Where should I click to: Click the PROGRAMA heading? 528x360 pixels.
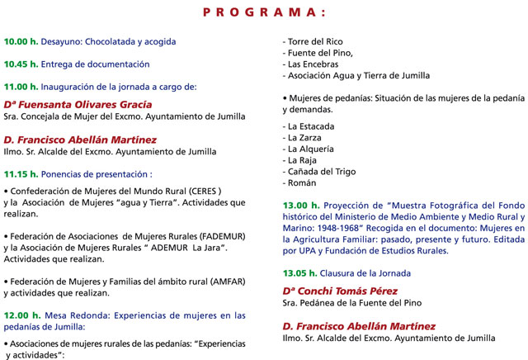(264, 12)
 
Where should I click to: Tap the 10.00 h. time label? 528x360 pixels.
(21, 41)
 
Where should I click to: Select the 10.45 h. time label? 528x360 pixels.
(21, 64)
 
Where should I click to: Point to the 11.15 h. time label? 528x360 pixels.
(21, 174)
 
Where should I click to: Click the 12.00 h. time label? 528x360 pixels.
(21, 315)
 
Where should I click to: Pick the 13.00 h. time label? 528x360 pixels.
(300, 205)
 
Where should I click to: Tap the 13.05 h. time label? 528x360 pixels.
(300, 272)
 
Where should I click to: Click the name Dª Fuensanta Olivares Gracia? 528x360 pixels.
(78, 105)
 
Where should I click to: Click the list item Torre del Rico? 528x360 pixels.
(313, 41)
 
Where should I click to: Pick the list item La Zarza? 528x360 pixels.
(305, 138)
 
